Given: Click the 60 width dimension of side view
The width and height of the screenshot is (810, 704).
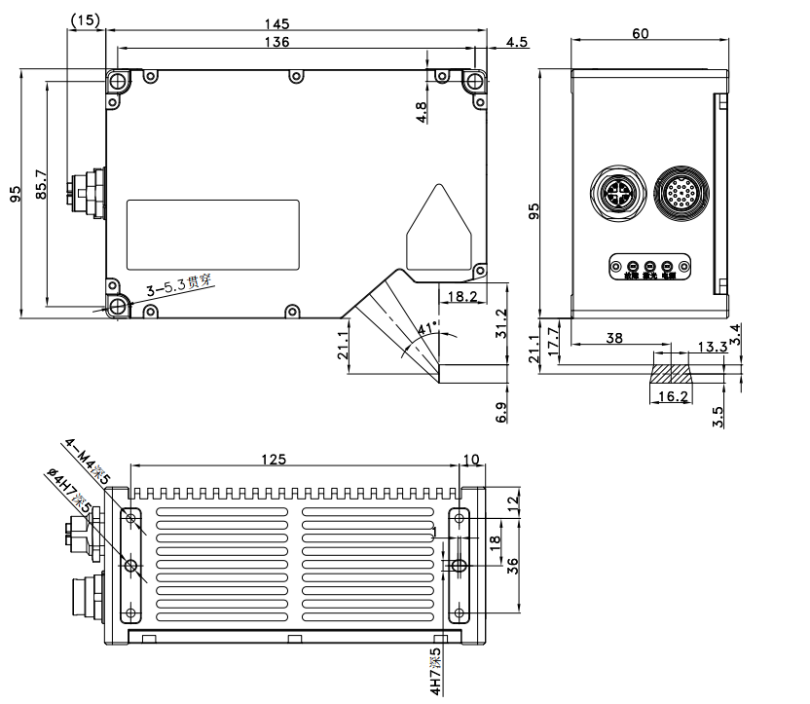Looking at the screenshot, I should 641,33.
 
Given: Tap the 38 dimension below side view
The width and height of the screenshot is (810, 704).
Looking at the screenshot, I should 615,338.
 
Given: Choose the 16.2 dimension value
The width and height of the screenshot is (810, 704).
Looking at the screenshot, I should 669,397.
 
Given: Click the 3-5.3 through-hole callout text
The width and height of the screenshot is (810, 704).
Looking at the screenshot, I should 178,286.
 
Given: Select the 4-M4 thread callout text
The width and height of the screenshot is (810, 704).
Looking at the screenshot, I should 87,462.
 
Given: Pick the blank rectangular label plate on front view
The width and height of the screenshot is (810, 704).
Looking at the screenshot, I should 214,234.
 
